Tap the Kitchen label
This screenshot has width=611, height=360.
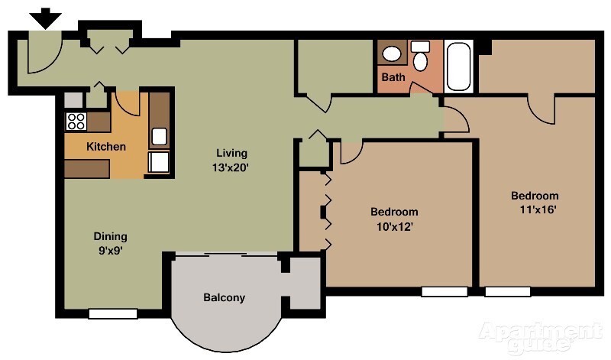click(105, 147)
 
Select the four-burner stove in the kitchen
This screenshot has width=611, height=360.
click(76, 120)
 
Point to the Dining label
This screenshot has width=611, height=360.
click(110, 236)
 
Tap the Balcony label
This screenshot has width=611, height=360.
click(224, 297)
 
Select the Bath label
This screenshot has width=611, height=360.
click(393, 77)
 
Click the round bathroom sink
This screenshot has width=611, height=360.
click(392, 54)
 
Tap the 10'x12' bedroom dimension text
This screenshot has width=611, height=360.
click(394, 225)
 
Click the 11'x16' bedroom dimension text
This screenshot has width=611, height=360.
click(534, 209)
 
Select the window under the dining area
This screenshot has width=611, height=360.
click(112, 313)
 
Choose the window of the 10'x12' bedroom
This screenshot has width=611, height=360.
click(445, 292)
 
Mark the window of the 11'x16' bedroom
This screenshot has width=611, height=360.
click(508, 292)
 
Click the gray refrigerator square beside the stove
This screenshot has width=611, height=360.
click(73, 99)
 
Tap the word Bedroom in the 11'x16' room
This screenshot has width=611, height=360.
click(535, 196)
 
